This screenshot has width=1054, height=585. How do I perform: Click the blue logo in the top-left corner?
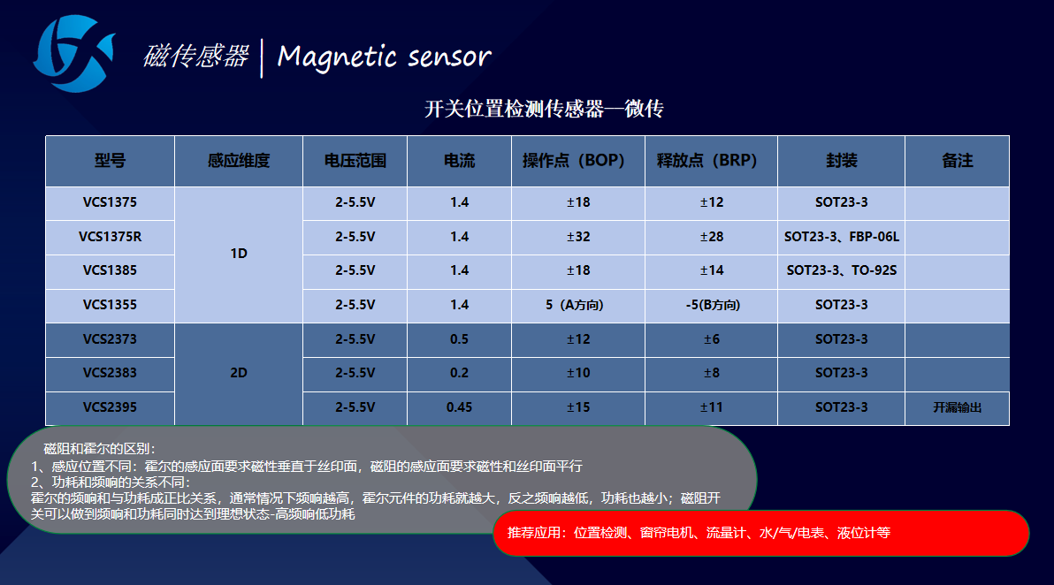point(73,54)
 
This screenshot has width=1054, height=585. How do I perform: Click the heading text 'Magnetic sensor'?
point(384,57)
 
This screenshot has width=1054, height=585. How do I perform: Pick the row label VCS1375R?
point(111,237)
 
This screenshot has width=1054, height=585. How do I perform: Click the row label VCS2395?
point(110,407)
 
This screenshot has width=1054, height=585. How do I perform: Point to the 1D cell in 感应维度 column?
point(239,254)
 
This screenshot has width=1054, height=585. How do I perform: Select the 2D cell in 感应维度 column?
point(239,373)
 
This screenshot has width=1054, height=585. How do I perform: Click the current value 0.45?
point(459,407)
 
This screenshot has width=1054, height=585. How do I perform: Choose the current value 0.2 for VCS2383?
point(459,373)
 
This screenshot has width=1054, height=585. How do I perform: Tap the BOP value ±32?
point(578,237)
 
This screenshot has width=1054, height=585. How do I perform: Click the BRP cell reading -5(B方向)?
point(713,305)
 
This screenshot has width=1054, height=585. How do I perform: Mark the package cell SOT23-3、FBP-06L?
point(842,237)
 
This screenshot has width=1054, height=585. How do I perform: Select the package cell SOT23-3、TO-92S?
point(842,270)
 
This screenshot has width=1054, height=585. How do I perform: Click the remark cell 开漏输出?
point(958,407)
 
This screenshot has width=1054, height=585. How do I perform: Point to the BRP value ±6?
point(711,339)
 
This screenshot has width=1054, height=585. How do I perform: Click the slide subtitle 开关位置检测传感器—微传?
point(544,109)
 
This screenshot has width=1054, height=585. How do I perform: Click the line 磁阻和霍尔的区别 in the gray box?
point(100,449)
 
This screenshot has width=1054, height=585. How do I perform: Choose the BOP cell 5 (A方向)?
point(575,305)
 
